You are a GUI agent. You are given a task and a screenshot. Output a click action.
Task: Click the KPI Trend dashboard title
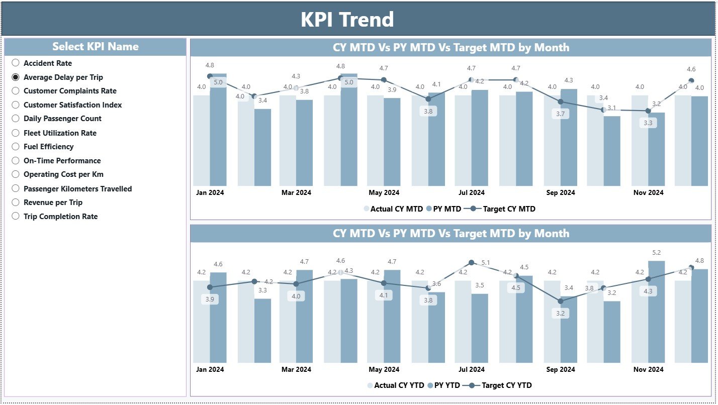(347, 20)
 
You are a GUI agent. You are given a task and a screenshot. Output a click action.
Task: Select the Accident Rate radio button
(16, 63)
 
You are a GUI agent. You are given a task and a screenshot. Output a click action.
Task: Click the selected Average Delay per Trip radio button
(16, 77)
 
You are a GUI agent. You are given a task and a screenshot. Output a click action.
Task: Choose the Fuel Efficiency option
(16, 146)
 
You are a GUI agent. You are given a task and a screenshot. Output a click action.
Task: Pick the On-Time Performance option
(16, 160)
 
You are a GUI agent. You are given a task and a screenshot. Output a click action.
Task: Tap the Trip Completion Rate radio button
(16, 216)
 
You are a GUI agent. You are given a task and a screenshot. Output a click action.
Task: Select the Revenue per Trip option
(16, 202)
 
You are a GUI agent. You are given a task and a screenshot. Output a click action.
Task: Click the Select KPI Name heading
(95, 47)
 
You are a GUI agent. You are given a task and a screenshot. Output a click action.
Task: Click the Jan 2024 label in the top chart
(210, 192)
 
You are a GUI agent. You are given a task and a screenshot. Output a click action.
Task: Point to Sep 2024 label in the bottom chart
(560, 369)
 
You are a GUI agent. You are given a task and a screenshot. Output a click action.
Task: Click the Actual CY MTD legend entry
(392, 209)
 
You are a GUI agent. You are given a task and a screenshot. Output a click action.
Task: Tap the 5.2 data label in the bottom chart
(656, 253)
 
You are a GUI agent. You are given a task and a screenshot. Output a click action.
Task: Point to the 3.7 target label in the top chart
(561, 114)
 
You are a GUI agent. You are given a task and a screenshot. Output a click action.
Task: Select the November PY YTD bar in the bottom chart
(656, 312)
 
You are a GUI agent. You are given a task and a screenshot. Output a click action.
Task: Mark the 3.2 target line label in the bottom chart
(561, 313)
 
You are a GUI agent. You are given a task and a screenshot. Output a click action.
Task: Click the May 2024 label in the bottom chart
(384, 369)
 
